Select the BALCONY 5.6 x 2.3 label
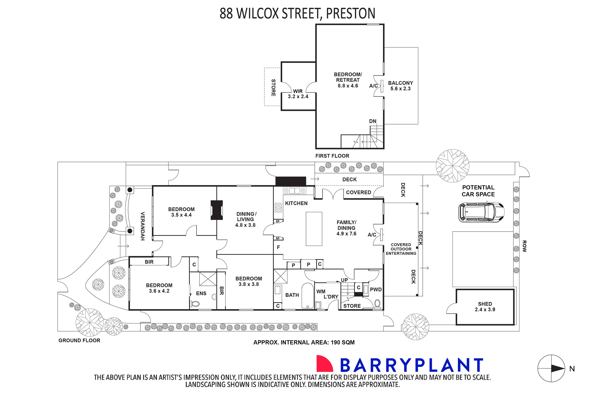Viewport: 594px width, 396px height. [x=401, y=86]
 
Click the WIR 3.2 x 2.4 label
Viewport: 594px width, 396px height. [x=298, y=94]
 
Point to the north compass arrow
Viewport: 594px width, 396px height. [x=558, y=369]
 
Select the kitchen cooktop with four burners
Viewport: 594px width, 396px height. [x=278, y=208]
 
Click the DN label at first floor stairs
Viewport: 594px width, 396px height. [x=373, y=121]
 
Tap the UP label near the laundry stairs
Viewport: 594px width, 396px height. [x=344, y=280]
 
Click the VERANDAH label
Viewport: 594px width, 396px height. [x=143, y=226]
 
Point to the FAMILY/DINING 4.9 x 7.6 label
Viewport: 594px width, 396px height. [x=346, y=228]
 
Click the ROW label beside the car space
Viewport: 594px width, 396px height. [x=524, y=246]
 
